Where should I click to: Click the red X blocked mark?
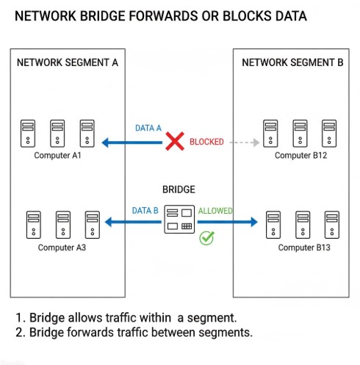[174, 142]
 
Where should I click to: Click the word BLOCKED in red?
[206, 142]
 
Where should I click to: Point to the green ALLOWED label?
[215, 211]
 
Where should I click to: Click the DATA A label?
[148, 128]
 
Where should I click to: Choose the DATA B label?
[145, 211]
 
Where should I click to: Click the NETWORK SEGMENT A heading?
[68, 62]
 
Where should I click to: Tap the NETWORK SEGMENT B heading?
[292, 62]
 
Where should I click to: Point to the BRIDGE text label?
[179, 188]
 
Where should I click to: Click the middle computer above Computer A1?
[57, 133]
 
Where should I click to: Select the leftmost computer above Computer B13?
[273, 225]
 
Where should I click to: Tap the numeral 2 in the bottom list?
[20, 333]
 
